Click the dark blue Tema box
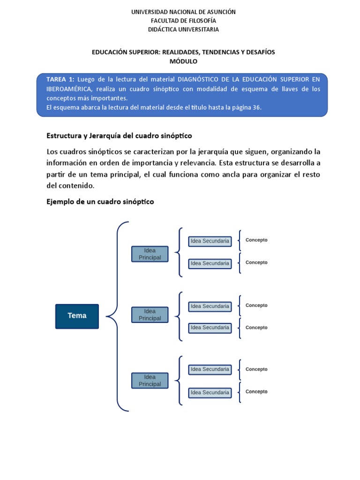tap(77, 316)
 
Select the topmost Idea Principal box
tap(150, 254)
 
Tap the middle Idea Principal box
tap(150, 315)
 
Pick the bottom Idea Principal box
tap(150, 380)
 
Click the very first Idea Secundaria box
tap(210, 241)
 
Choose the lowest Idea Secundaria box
tap(210, 392)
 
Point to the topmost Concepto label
tap(256, 240)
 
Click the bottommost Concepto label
tap(256, 391)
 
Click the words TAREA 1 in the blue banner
tap(60, 79)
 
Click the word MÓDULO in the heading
tap(183, 61)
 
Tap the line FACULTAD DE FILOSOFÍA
tap(183, 21)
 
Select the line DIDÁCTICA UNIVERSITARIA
tap(183, 30)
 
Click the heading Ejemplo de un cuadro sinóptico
tap(100, 202)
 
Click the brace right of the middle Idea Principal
tap(179, 316)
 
